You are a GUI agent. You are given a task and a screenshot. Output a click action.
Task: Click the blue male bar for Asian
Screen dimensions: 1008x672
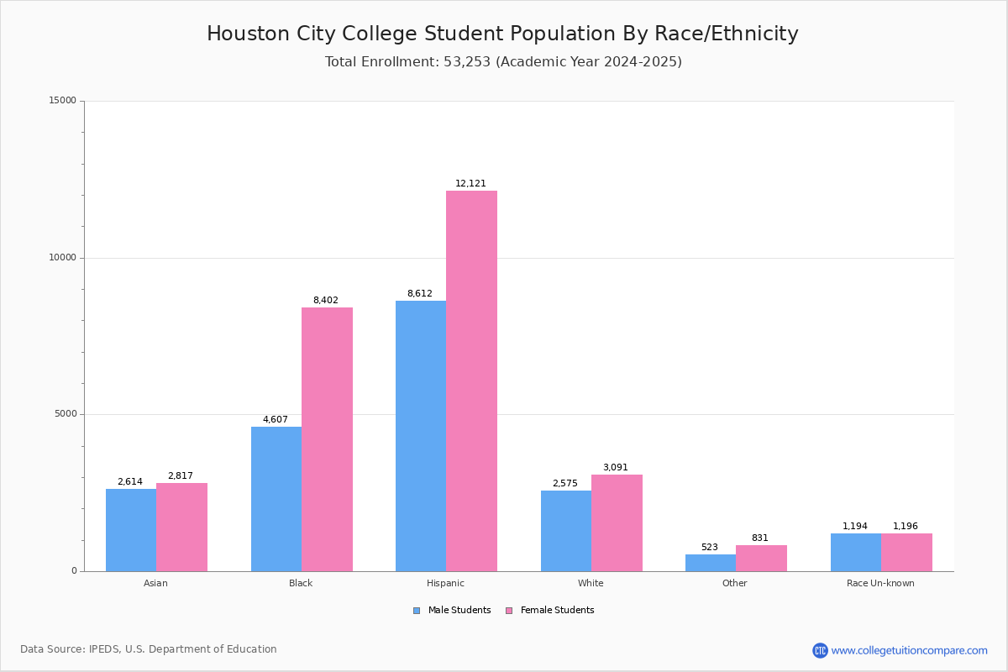pos(131,530)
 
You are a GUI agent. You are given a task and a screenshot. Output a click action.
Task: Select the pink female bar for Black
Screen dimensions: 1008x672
pos(327,440)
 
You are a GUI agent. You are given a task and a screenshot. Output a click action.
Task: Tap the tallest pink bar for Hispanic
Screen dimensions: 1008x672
pos(471,381)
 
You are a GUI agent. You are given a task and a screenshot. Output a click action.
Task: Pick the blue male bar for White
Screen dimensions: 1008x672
pos(566,531)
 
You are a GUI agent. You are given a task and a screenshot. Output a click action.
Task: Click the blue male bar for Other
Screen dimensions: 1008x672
pos(711,563)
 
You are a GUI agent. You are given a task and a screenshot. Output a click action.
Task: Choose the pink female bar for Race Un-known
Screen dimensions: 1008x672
pos(906,553)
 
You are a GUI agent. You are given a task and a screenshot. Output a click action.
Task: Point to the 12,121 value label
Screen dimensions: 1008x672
pos(470,183)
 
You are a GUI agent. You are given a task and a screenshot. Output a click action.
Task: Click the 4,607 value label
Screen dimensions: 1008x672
pos(276,419)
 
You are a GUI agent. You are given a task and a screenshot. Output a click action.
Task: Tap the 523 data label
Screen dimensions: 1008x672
pos(710,547)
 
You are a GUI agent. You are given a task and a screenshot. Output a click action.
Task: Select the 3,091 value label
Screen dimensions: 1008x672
pos(616,467)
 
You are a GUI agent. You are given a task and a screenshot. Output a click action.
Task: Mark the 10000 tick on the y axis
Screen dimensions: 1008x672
pos(62,257)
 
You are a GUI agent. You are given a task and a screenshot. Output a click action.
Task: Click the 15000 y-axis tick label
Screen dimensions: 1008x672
pos(62,100)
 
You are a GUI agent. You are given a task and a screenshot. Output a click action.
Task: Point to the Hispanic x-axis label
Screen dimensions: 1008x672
pos(445,583)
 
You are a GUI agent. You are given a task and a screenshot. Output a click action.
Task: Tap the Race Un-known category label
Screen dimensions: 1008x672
pos(880,583)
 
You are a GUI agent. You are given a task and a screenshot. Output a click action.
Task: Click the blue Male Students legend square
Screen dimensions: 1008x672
pos(417,611)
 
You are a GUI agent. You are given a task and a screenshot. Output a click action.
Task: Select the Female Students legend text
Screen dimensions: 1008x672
pos(558,611)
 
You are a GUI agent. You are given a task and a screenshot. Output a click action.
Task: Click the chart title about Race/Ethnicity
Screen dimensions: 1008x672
pos(502,34)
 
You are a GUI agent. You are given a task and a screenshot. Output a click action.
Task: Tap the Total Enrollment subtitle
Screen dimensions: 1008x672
pos(503,61)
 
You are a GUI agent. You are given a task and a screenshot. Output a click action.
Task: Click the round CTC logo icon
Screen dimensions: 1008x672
pos(820,650)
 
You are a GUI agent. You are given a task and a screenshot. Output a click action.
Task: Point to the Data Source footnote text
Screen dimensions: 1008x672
pos(149,649)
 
